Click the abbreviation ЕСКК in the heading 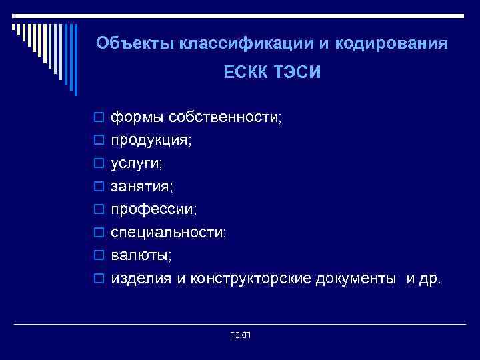tap(246, 72)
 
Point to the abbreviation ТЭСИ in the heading tap(297, 72)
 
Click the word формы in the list tap(138, 118)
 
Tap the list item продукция tap(150, 141)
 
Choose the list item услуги tap(136, 164)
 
